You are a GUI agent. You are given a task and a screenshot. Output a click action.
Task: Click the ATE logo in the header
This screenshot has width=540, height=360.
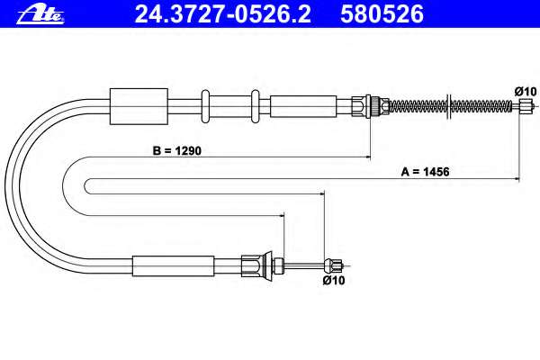[40, 15]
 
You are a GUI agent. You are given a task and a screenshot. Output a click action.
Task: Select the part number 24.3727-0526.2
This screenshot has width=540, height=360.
[222, 14]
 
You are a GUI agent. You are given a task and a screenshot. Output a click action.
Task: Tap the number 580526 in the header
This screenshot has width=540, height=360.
[382, 14]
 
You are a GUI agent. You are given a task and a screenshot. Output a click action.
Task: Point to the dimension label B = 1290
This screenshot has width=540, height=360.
[176, 150]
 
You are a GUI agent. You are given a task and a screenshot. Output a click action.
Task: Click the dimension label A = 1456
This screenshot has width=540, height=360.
[425, 172]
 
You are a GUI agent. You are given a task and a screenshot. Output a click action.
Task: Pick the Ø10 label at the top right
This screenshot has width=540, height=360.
[526, 91]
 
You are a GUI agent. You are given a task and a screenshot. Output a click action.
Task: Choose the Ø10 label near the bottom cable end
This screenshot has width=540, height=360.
[334, 280]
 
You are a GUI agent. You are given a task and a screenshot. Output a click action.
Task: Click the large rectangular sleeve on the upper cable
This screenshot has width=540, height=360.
[139, 106]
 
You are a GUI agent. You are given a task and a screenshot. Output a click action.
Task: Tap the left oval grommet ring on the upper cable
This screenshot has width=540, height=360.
[205, 106]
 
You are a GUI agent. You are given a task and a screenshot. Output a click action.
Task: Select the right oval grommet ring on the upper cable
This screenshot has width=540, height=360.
[256, 106]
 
